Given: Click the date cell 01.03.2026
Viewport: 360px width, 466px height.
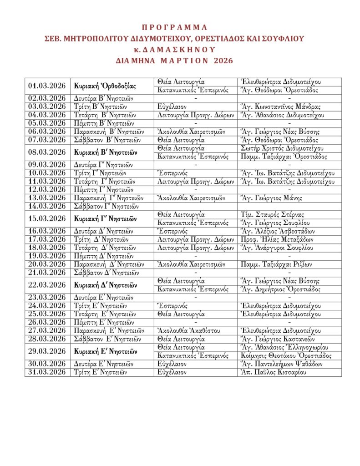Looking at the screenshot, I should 47,86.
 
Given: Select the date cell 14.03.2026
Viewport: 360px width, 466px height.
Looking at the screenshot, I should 47,206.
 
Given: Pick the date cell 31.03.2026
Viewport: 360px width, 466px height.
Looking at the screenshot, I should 47,372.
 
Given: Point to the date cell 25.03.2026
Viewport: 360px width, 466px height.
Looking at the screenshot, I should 47,314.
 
